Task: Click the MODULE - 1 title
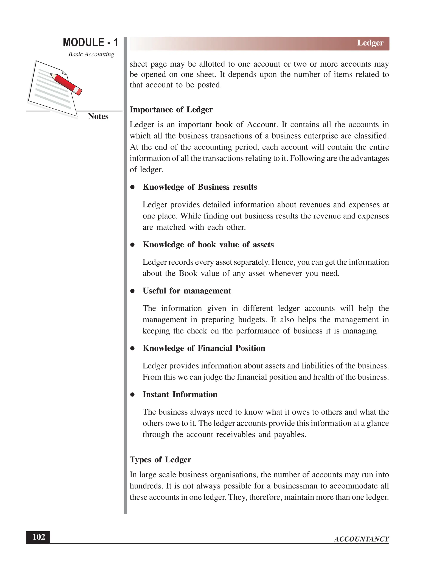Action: tap(90, 42)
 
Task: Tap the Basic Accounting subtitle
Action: tap(91, 54)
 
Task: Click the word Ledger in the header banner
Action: tap(370, 43)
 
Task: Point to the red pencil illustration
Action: tap(66, 84)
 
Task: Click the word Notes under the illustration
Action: tap(98, 116)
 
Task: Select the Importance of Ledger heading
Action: tap(171, 109)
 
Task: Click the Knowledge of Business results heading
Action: tap(200, 187)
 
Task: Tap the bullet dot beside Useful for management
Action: tap(132, 291)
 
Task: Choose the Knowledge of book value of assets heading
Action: tap(208, 245)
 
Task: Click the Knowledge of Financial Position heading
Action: tap(204, 348)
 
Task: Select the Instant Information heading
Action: tap(180, 394)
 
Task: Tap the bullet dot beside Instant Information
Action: tap(132, 395)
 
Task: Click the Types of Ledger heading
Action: tap(160, 460)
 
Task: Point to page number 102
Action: tap(38, 537)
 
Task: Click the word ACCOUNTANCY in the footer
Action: tap(361, 539)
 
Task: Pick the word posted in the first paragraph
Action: tap(209, 85)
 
